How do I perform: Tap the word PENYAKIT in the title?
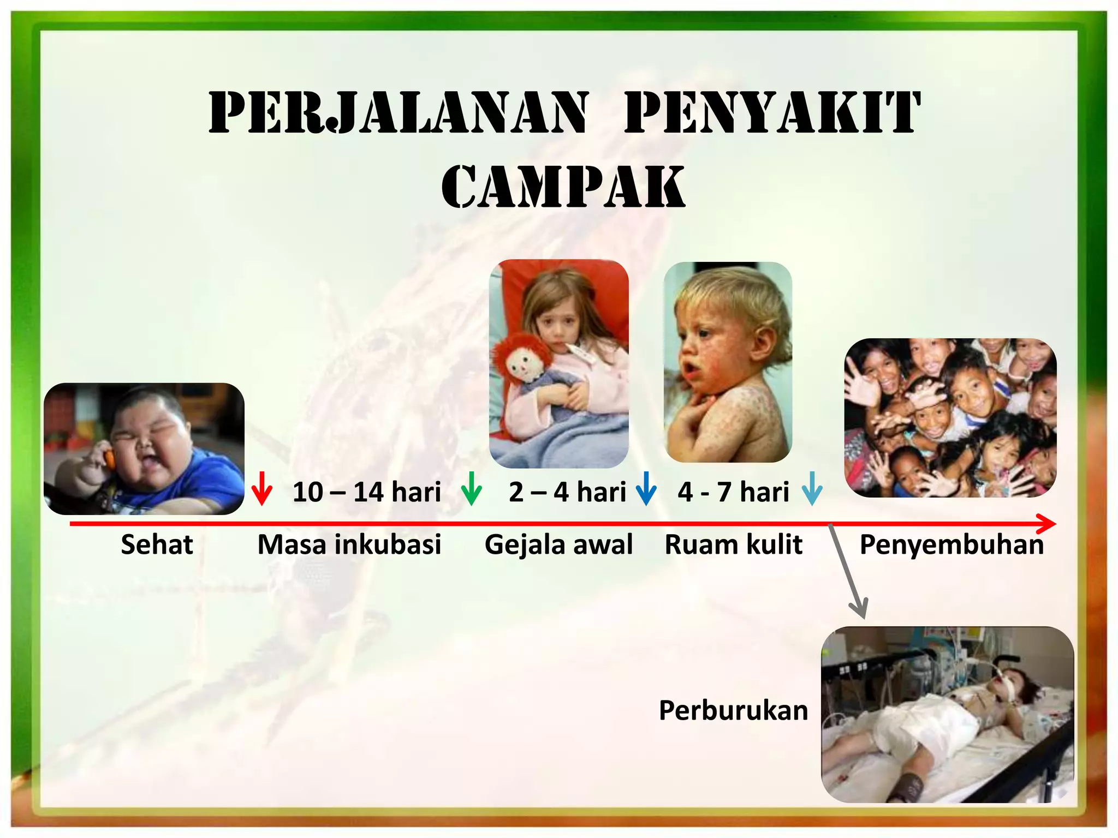(x=772, y=112)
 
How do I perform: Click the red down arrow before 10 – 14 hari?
(x=262, y=490)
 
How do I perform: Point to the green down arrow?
(x=471, y=490)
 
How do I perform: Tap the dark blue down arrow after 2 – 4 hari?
(x=646, y=490)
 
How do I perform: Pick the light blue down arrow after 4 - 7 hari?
(x=812, y=490)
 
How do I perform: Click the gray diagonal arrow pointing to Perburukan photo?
(x=847, y=570)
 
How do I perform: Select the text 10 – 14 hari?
(x=367, y=492)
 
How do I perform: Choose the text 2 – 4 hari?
(x=567, y=492)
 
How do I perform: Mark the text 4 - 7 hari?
(x=733, y=492)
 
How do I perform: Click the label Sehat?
(x=157, y=544)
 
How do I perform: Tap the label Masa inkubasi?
(x=349, y=544)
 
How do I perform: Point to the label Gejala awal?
(x=558, y=544)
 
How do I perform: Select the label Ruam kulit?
(x=733, y=544)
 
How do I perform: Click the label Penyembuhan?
(x=952, y=544)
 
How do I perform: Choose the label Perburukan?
(x=733, y=710)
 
